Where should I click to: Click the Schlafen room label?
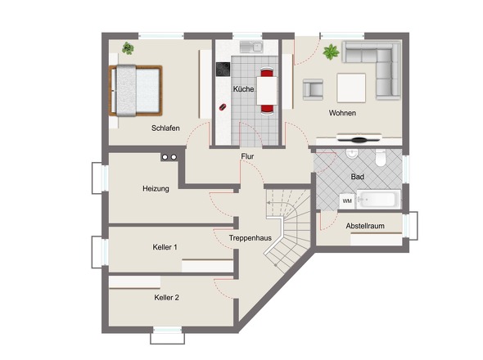pos(165,128)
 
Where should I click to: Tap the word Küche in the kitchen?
pos(243,89)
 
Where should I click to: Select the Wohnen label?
pos(342,113)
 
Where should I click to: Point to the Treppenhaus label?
pos(251,238)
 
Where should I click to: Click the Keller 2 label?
pos(167,298)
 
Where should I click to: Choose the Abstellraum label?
pos(365,226)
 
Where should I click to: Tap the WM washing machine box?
pos(347,201)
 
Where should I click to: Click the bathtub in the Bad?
pos(378,200)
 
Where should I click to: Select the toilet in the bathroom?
pos(381,158)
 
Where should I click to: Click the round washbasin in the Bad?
pos(351,154)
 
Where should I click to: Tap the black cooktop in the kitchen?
pos(223,70)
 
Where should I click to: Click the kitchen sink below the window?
pos(251,47)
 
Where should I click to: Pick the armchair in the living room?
pos(313,90)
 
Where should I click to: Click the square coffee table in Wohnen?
pos(351,88)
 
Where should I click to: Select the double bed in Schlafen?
pos(136,91)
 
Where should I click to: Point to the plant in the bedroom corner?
pos(128,48)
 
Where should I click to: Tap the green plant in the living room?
pos(331,52)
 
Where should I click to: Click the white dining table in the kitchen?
pos(267,91)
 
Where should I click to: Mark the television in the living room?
pos(359,138)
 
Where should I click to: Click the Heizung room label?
pos(156,188)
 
